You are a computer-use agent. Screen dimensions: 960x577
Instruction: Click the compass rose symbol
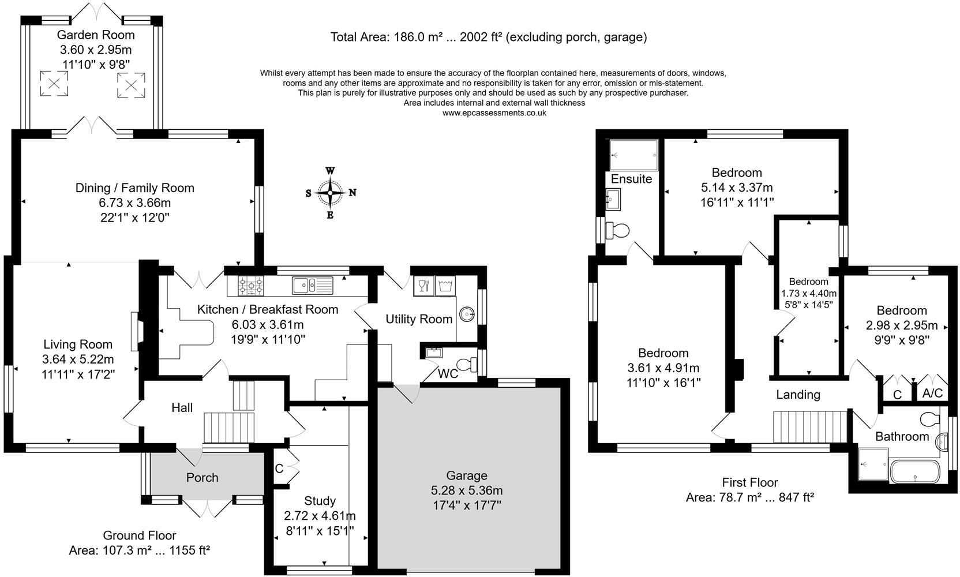pos(330,193)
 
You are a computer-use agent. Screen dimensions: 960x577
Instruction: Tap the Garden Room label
pos(96,35)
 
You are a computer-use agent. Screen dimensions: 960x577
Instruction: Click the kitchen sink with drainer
pos(313,286)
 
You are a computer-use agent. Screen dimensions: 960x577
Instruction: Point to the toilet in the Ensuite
pos(617,231)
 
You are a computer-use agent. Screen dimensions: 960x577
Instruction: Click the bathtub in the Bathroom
pos(915,471)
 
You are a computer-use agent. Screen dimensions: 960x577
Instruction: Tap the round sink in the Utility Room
pos(467,314)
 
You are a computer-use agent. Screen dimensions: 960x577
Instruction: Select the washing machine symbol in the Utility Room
pos(445,286)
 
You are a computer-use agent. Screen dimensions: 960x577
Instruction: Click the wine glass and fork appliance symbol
pos(424,286)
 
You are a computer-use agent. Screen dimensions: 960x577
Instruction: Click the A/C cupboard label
pos(932,393)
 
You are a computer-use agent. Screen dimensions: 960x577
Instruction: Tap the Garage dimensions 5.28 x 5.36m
pos(467,490)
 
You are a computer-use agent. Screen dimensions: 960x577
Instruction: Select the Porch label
pos(202,478)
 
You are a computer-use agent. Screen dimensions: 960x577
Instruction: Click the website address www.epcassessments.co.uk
pos(494,113)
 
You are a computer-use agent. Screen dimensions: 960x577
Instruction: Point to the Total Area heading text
pos(489,38)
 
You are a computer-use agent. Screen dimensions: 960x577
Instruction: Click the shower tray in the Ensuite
pos(633,155)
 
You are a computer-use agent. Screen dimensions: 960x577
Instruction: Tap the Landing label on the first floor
pos(798,395)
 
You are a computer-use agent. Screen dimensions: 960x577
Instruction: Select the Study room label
pos(320,501)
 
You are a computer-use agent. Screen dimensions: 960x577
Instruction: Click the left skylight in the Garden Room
pos(54,84)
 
